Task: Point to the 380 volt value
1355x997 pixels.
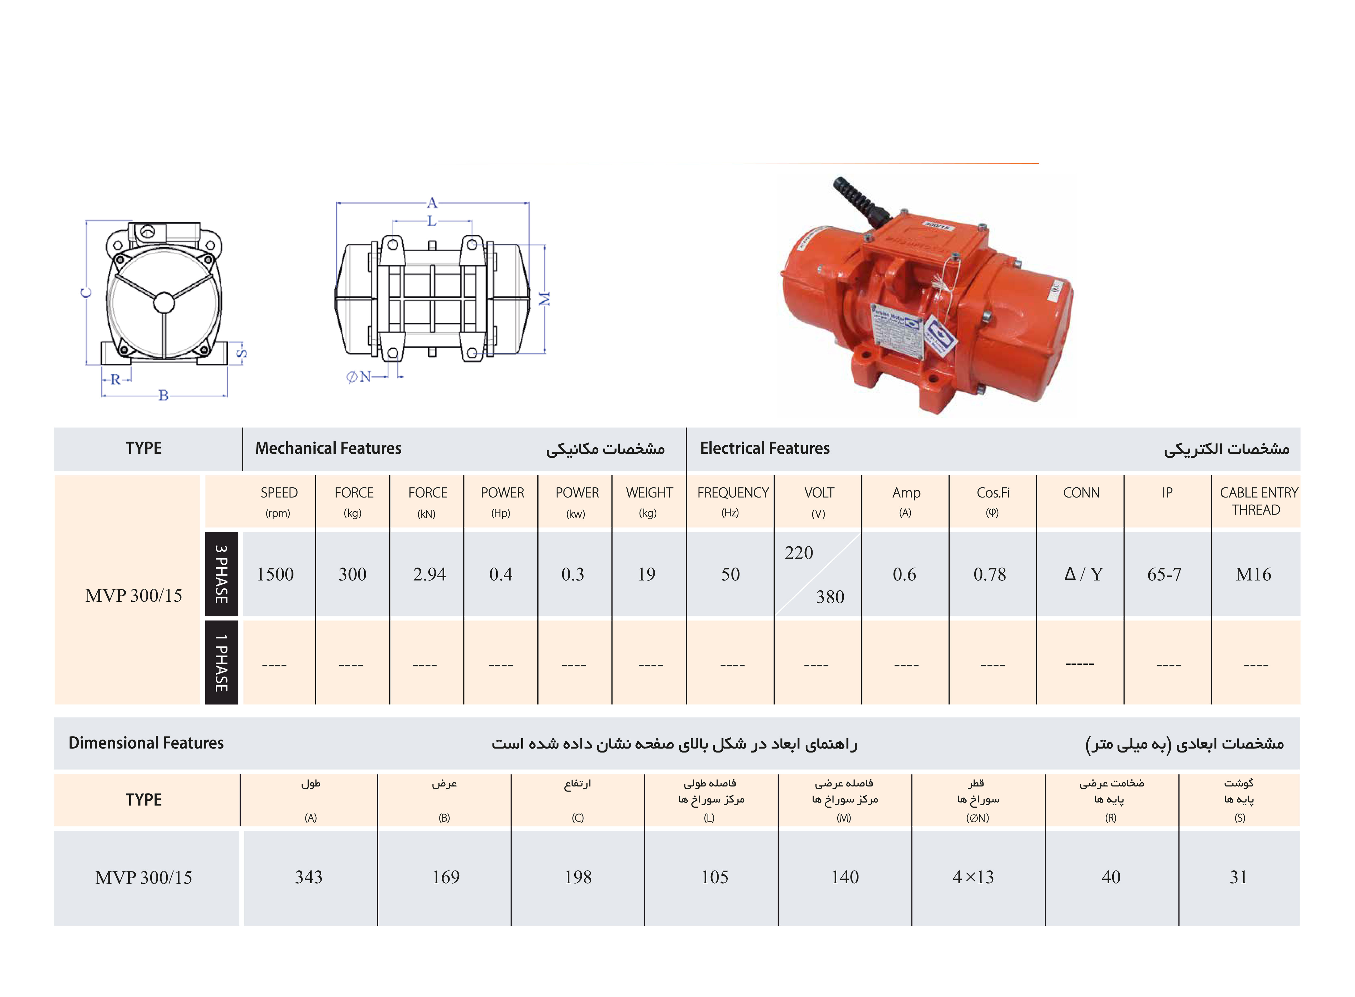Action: click(830, 597)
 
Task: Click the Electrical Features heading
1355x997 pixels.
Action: click(765, 448)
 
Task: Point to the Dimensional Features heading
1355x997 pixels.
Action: click(146, 743)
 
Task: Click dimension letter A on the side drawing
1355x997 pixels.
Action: click(432, 203)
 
